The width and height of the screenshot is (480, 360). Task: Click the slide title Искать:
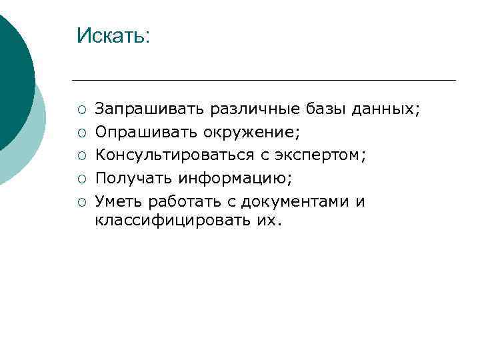113,35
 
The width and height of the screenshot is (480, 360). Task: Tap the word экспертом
322,155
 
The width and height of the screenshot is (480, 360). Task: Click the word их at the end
268,219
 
